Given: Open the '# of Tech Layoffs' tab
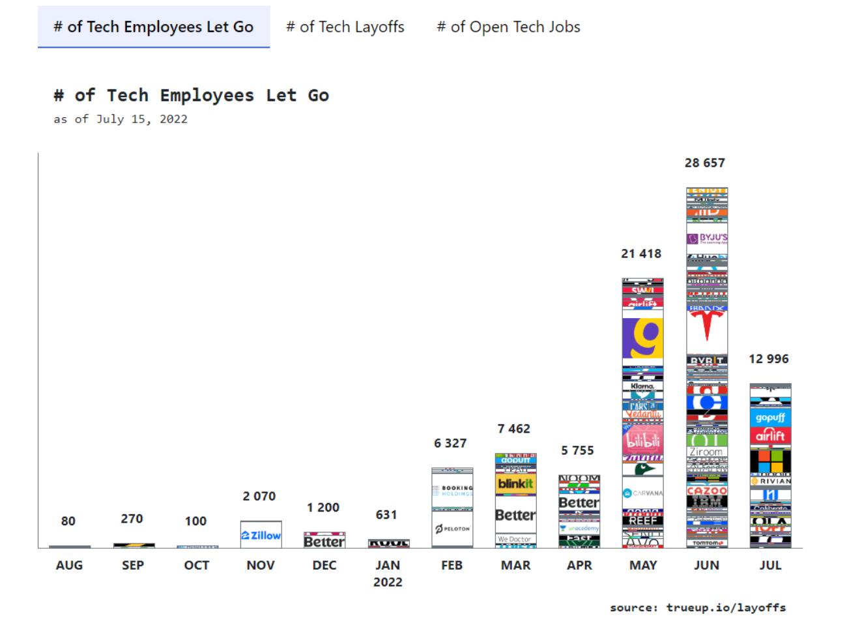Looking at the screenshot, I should (345, 27).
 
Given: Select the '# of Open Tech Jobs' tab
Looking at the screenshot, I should (508, 27).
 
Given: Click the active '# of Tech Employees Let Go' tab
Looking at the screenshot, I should (154, 27).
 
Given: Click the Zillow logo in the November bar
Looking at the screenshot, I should (261, 535).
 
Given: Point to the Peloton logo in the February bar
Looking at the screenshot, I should (452, 529).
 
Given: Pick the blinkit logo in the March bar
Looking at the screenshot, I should (515, 484).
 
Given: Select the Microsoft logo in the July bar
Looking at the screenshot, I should (770, 461).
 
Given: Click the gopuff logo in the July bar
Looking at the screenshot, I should (770, 417).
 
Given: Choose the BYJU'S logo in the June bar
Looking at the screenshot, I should (707, 238).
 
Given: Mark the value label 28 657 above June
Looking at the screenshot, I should (704, 163).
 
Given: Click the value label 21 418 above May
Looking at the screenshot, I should (641, 254).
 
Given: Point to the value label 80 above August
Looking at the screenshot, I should (68, 521).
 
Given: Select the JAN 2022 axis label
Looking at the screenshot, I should (388, 573).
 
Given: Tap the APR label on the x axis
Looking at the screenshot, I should (579, 565).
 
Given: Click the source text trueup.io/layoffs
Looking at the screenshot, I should (726, 607).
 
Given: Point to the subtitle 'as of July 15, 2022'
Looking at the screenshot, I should (121, 119).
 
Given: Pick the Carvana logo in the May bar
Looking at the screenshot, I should (642, 493).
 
